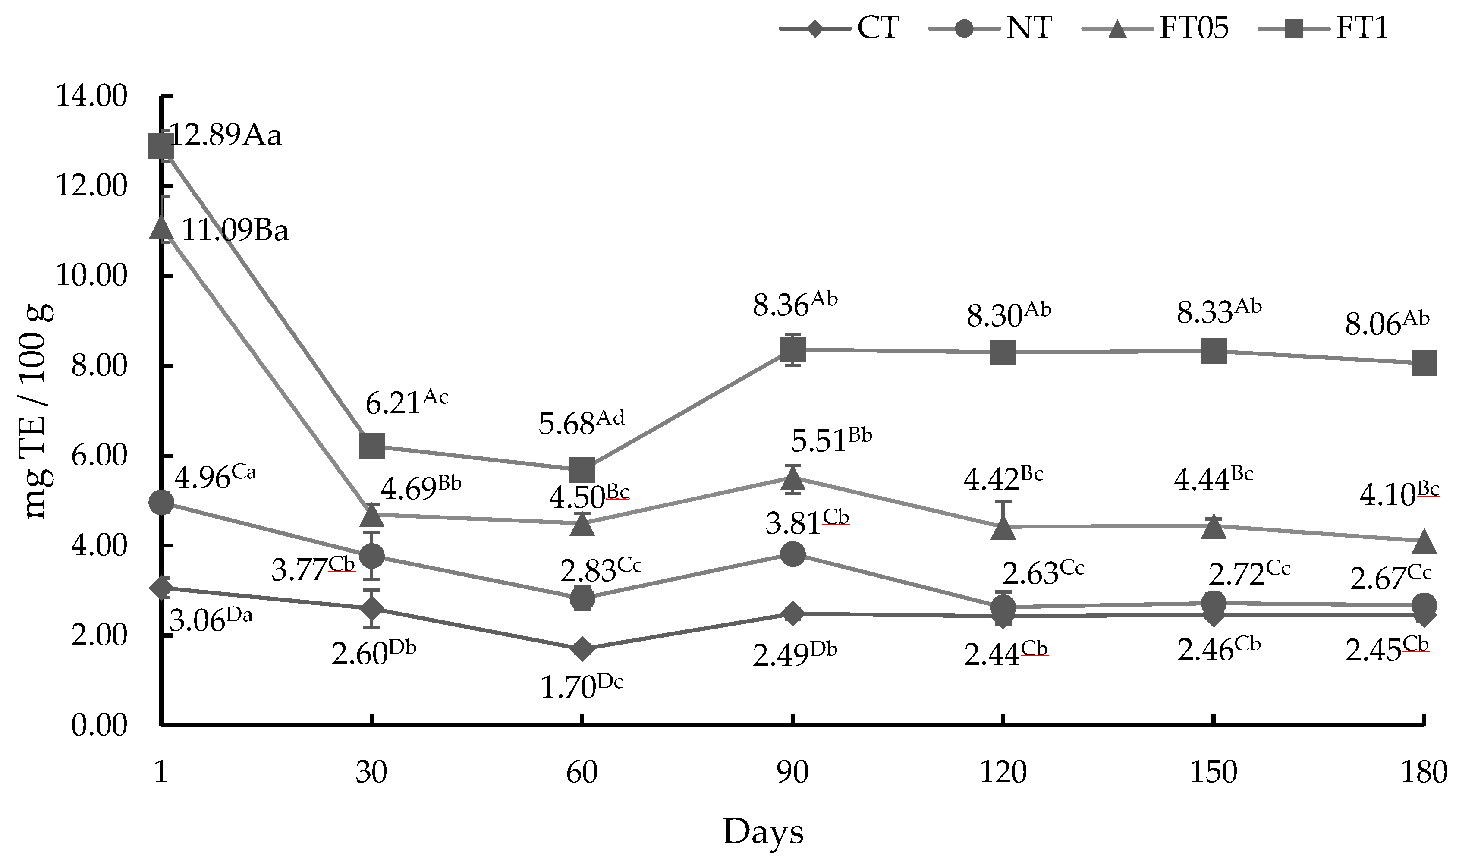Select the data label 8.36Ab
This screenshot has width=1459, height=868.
(794, 305)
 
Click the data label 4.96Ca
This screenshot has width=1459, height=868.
(215, 477)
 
